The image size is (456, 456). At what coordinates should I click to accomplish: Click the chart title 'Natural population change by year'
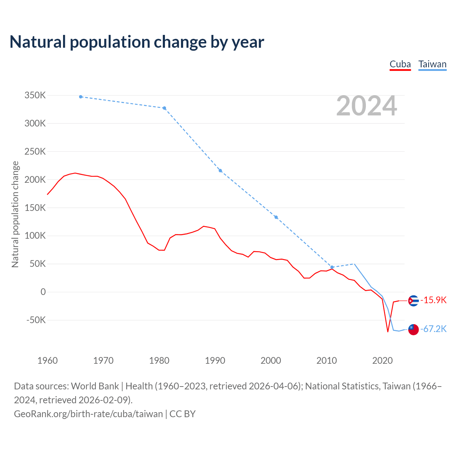pos(137,42)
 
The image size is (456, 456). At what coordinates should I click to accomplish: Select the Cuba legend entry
pos(400,64)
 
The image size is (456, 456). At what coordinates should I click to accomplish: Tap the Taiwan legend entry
pos(432,64)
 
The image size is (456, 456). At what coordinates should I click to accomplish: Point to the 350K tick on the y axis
pos(35,95)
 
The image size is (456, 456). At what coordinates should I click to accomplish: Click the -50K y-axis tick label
pos(36,320)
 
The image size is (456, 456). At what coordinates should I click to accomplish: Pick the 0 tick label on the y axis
pos(43,292)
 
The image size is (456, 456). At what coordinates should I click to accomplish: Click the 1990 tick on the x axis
pos(215,361)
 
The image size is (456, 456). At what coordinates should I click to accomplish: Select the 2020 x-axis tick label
pos(382,361)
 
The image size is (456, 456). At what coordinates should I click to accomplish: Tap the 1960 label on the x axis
pos(47,361)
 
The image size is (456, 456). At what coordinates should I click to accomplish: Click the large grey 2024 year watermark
pos(367,106)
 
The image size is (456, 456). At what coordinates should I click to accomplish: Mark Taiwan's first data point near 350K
pos(81,97)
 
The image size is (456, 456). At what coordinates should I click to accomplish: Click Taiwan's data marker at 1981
pos(164,108)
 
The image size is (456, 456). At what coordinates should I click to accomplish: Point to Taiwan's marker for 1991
pos(220,171)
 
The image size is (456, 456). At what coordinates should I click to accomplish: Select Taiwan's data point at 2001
pos(276,217)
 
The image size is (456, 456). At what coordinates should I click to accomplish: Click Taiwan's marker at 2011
pos(332,267)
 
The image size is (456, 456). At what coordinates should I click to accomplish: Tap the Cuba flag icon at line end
pos(413,301)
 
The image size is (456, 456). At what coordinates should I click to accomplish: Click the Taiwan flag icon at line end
pos(413,330)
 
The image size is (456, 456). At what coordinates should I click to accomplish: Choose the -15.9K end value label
pos(434,300)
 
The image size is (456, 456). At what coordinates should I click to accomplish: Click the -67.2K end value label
pos(434,329)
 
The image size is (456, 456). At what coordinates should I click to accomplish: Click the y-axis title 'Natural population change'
pos(15,214)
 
